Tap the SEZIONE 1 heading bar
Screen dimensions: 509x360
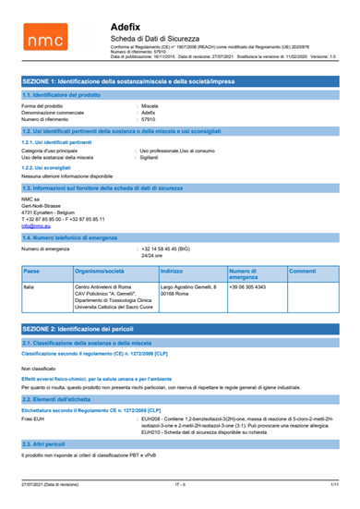pos(180,82)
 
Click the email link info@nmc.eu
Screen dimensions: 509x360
pos(34,224)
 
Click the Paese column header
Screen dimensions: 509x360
pos(30,272)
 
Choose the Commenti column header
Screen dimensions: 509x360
pos(303,272)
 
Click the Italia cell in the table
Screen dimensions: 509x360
pos(29,288)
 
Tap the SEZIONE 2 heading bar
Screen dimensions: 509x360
pos(180,355)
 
